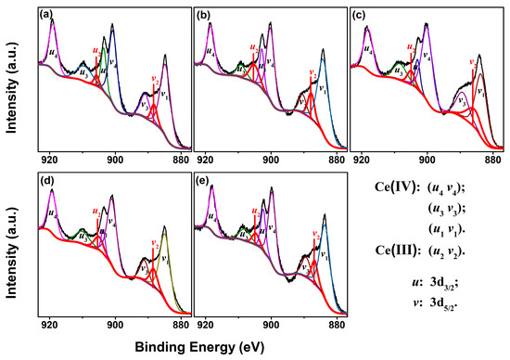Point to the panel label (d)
(x=43, y=177)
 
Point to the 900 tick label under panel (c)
(x=426, y=161)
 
